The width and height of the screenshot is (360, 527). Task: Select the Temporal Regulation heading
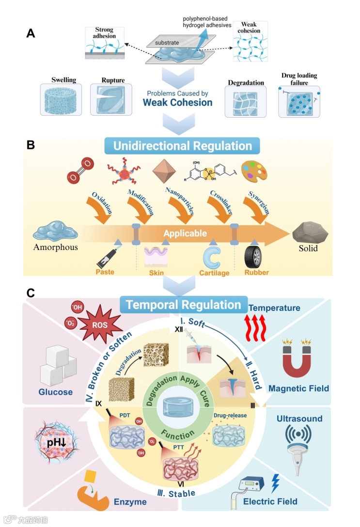click(x=183, y=305)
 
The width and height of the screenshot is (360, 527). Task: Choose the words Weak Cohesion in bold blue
click(x=177, y=102)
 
